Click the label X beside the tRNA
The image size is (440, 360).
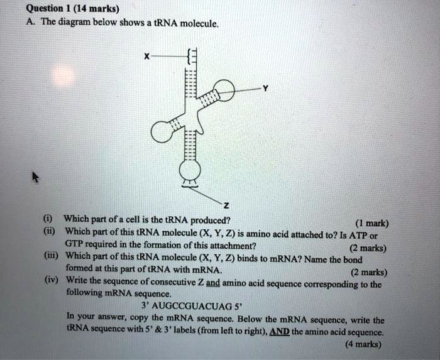(146, 56)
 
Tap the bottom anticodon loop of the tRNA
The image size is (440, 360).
(190, 168)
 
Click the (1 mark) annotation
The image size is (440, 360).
(372, 224)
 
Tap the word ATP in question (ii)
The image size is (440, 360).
(360, 233)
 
